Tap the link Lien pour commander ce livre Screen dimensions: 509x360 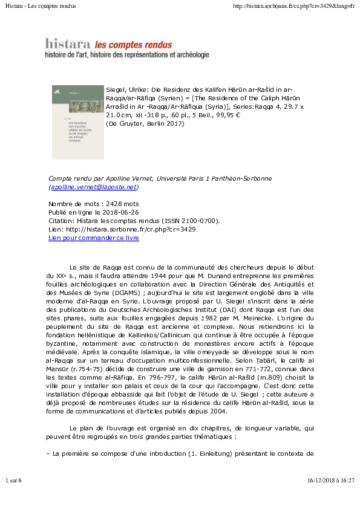click(94, 238)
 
